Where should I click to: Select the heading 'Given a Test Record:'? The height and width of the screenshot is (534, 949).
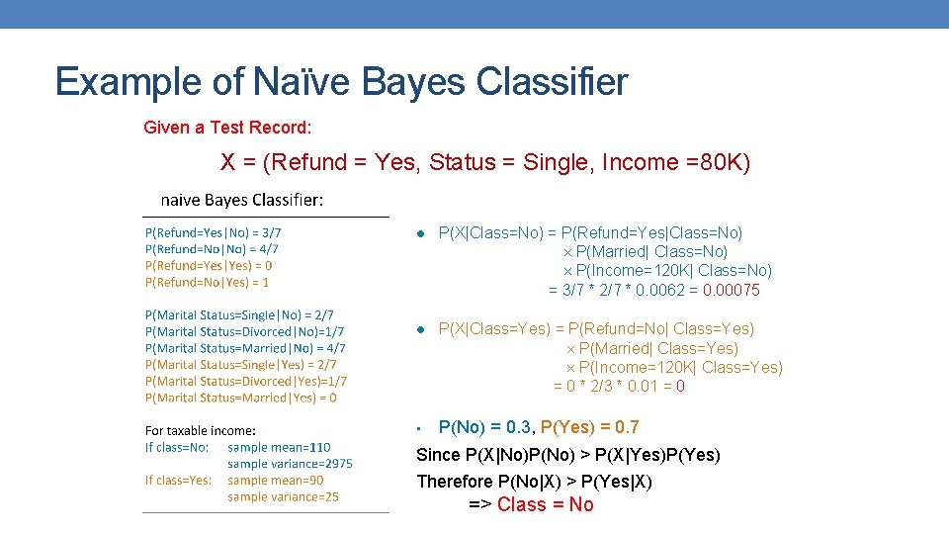pyautogui.click(x=227, y=128)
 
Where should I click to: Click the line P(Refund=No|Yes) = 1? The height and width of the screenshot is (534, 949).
pyautogui.click(x=207, y=282)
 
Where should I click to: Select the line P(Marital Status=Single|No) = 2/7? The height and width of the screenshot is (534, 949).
pyautogui.click(x=239, y=315)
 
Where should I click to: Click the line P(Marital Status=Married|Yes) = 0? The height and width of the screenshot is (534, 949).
pyautogui.click(x=241, y=398)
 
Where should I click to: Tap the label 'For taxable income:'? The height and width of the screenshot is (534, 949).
pyautogui.click(x=201, y=430)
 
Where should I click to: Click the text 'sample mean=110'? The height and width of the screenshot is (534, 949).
pyautogui.click(x=280, y=447)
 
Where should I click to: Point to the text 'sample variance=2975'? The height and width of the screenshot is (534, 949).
pyautogui.click(x=290, y=463)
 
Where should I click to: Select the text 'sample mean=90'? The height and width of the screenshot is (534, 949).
pyautogui.click(x=276, y=480)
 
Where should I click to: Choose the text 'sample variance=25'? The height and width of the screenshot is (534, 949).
pyautogui.click(x=283, y=496)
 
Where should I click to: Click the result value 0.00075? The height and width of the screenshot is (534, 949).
pyautogui.click(x=732, y=290)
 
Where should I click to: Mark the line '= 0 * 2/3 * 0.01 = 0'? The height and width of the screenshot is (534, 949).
pyautogui.click(x=619, y=386)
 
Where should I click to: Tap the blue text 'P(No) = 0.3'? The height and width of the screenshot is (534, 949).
pyautogui.click(x=484, y=427)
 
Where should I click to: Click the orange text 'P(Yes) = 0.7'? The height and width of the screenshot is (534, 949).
pyautogui.click(x=589, y=427)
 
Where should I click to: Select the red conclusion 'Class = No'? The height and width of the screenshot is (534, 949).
pyautogui.click(x=545, y=504)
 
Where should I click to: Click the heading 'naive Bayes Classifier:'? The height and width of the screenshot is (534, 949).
pyautogui.click(x=241, y=200)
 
